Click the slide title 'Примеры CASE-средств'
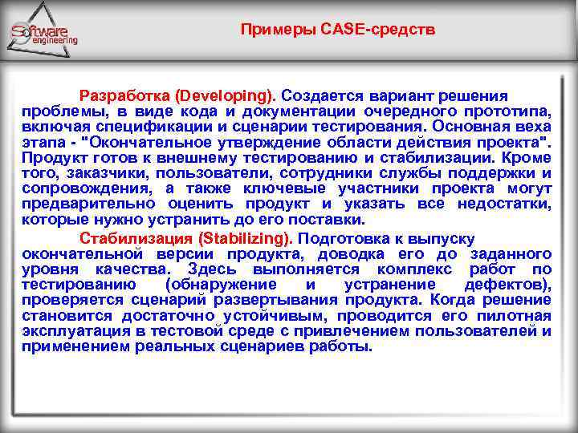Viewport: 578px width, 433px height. tap(338, 30)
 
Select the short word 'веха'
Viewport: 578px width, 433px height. tap(533, 125)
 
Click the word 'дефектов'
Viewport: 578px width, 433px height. tap(507, 285)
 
